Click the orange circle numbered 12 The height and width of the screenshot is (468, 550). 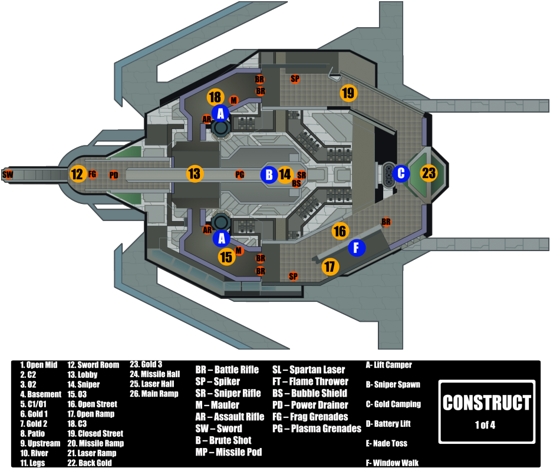77,174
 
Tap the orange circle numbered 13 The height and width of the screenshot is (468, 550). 195,174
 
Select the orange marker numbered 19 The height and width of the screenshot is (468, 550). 348,93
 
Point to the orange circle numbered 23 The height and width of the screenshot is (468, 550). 429,173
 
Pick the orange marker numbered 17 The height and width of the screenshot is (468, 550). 330,266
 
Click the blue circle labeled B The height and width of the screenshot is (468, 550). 269,174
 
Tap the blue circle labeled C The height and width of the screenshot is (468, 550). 401,173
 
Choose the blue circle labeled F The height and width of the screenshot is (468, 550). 357,248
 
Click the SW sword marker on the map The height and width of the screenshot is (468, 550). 8,174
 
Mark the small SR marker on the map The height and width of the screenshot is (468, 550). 301,174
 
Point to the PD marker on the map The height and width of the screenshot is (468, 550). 114,175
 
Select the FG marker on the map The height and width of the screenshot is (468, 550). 93,174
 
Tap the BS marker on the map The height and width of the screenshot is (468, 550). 297,183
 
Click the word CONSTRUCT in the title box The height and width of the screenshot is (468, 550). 487,403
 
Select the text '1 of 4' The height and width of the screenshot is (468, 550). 485,424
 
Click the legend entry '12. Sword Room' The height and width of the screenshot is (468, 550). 93,365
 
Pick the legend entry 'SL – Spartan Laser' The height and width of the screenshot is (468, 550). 308,370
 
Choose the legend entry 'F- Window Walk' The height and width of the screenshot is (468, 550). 392,463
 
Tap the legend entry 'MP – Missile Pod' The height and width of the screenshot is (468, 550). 229,452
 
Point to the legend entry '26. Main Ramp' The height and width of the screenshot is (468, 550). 154,394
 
